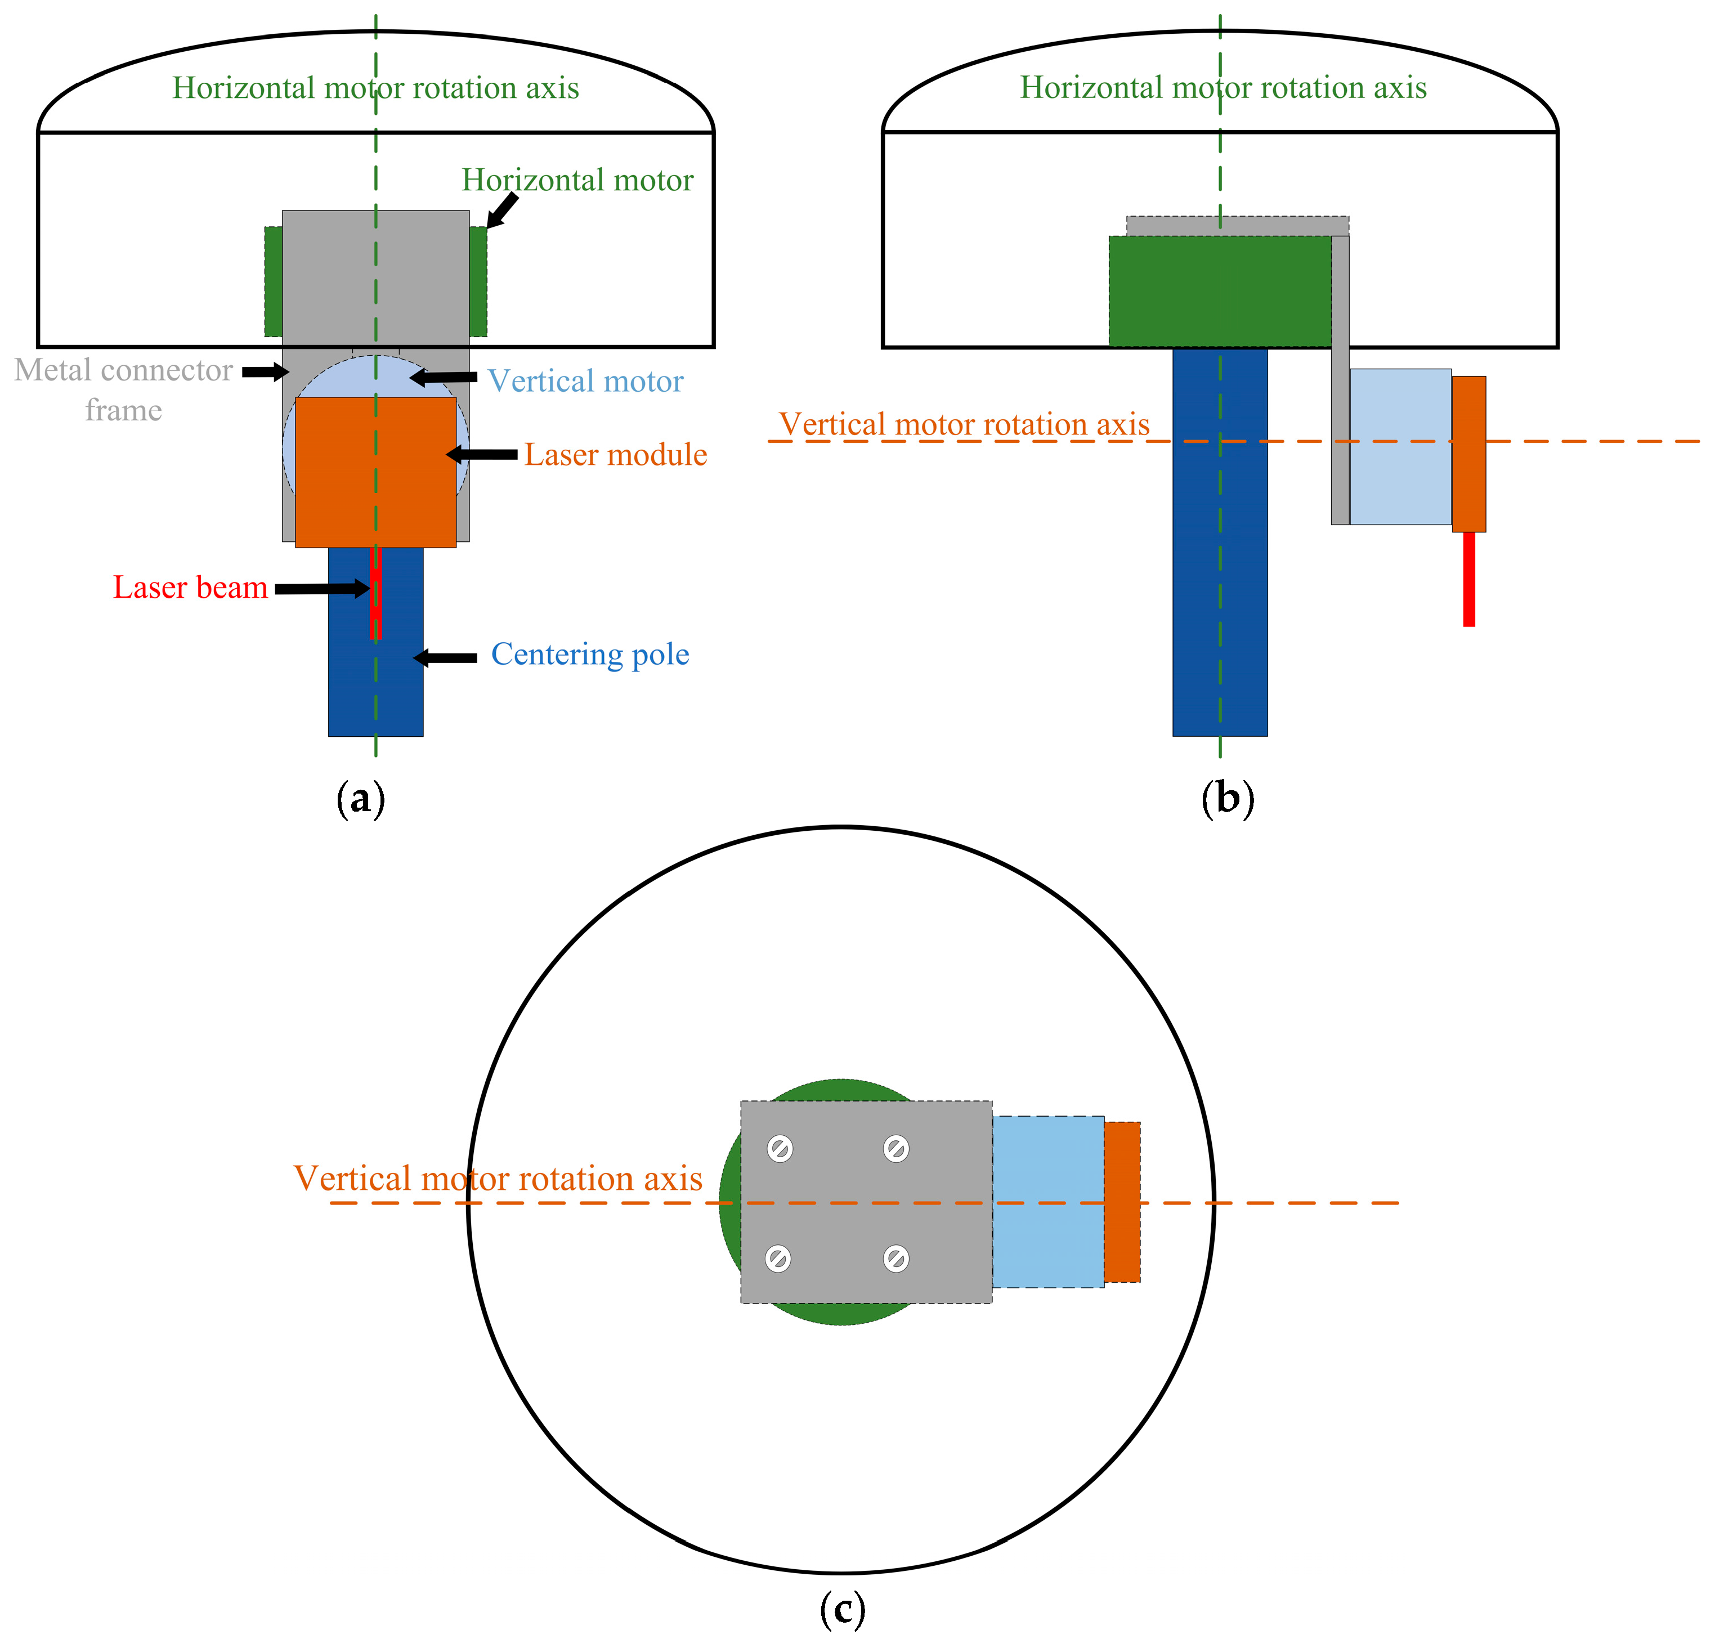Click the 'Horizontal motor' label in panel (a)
(x=577, y=180)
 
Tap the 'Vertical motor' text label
(x=585, y=381)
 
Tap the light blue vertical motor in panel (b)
(x=1399, y=447)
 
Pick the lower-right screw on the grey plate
(x=895, y=1259)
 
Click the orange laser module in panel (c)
(x=1122, y=1202)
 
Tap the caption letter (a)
(x=360, y=799)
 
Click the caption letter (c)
(x=841, y=1609)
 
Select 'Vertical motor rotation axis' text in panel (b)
(x=964, y=425)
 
